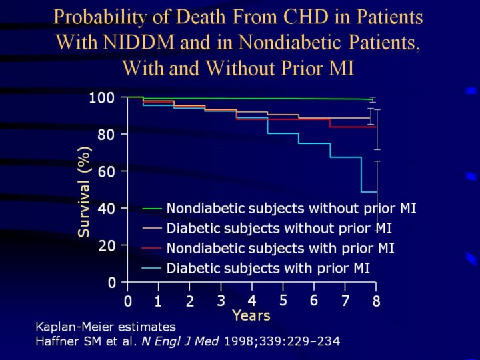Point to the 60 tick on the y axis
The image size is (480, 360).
pyautogui.click(x=107, y=171)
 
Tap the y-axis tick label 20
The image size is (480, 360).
pyautogui.click(x=107, y=245)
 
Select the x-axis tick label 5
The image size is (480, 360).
pyautogui.click(x=283, y=300)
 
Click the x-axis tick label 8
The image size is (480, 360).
pyautogui.click(x=376, y=302)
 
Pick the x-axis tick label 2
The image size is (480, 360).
pyautogui.click(x=189, y=302)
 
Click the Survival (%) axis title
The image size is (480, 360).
pyautogui.click(x=84, y=191)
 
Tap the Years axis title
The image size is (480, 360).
pyautogui.click(x=251, y=315)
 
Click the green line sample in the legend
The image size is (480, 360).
pyautogui.click(x=152, y=209)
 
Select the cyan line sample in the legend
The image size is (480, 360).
pyautogui.click(x=152, y=269)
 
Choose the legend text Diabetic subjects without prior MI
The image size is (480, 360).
pyautogui.click(x=279, y=229)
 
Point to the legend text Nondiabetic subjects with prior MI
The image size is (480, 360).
pyautogui.click(x=280, y=249)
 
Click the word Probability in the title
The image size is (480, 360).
pyautogui.click(x=101, y=15)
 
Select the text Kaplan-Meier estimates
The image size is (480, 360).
pyautogui.click(x=105, y=327)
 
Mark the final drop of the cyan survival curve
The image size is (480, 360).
pyautogui.click(x=361, y=175)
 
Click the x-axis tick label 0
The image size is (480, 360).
pyautogui.click(x=127, y=302)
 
